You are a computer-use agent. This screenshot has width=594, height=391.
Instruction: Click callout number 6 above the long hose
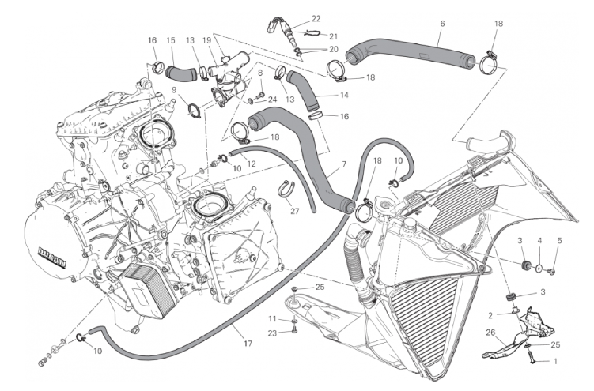point(442,24)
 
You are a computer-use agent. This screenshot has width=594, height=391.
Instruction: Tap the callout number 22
point(316,18)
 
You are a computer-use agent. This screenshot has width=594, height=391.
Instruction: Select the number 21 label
point(333,36)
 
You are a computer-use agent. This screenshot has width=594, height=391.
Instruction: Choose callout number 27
point(294,211)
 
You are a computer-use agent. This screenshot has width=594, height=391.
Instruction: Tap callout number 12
point(252,164)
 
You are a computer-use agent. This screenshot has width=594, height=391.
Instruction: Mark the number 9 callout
point(173,90)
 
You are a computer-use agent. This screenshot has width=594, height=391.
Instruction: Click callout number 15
point(171,40)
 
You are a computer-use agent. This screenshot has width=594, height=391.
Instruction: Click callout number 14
point(344,95)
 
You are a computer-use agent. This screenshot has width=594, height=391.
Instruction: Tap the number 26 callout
point(490,332)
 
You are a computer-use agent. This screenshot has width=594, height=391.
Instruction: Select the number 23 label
point(272,334)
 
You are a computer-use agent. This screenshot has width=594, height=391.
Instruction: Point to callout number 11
point(272,318)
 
